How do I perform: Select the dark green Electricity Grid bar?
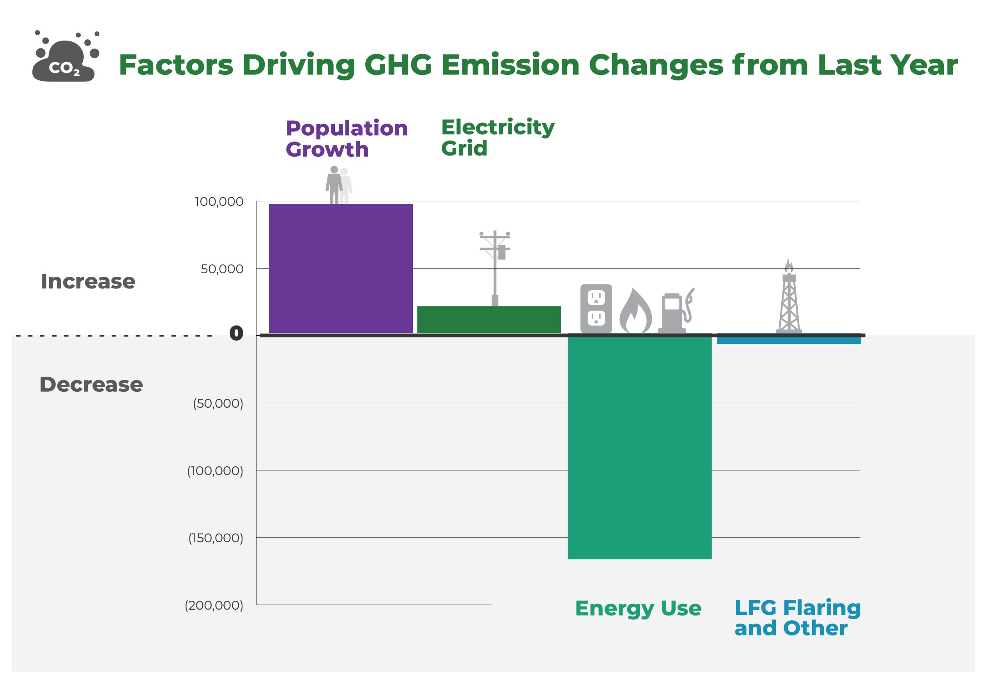[x=489, y=320]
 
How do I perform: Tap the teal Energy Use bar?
[x=639, y=447]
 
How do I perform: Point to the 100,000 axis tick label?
[x=219, y=202]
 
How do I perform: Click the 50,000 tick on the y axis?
[x=222, y=269]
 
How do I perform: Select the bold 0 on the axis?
[x=236, y=333]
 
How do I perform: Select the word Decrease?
[x=91, y=384]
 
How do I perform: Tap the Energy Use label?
[x=638, y=608]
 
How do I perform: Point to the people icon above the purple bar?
[x=338, y=185]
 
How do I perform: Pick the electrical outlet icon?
[x=596, y=308]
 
